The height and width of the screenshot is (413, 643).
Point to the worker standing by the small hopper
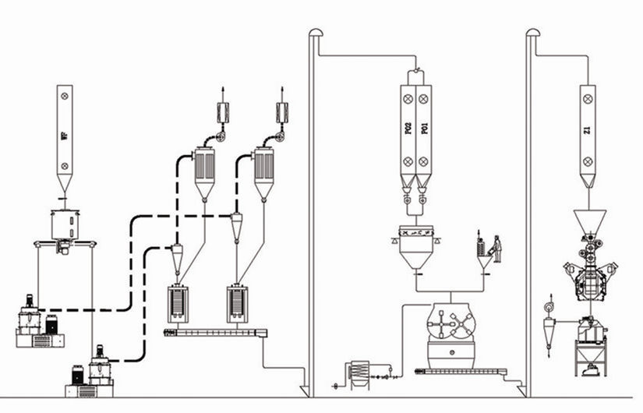[496, 247]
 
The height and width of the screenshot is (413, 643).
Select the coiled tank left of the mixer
[360, 372]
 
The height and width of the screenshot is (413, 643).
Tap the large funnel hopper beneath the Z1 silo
[588, 220]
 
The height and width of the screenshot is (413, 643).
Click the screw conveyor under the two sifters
[215, 333]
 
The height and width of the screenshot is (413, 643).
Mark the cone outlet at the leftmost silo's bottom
[64, 184]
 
